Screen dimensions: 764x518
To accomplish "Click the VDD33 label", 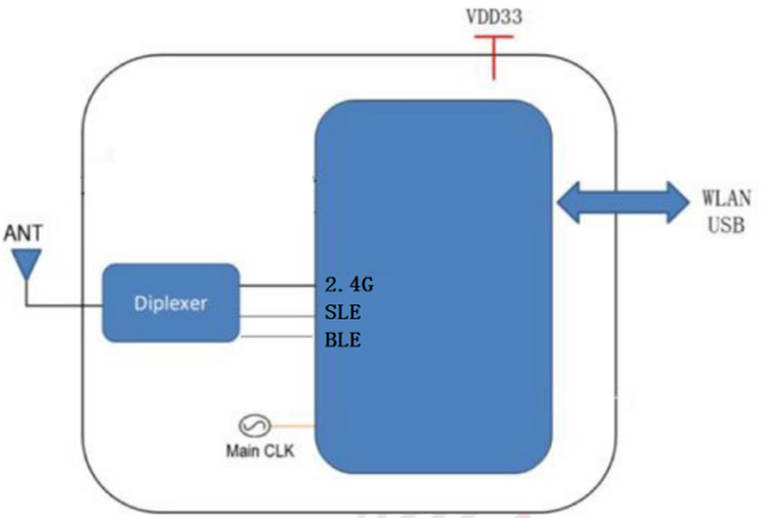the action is pyautogui.click(x=494, y=17).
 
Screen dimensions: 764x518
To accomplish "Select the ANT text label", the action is pyautogui.click(x=23, y=233).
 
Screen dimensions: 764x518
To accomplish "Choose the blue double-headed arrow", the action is pyautogui.click(x=623, y=203).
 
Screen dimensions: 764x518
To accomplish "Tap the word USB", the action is pyautogui.click(x=726, y=225).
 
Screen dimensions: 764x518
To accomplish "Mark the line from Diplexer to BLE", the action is pyautogui.click(x=276, y=336).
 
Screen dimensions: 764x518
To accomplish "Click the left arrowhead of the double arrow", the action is pyautogui.click(x=568, y=203).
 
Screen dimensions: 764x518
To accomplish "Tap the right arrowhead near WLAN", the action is pyautogui.click(x=678, y=203).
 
